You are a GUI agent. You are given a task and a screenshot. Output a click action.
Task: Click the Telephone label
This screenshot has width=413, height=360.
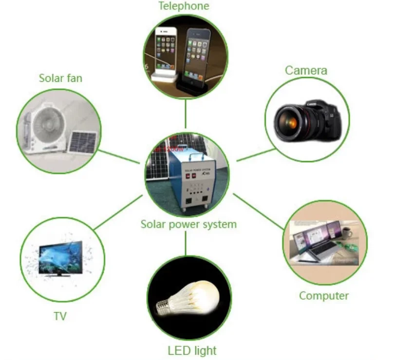click(x=184, y=6)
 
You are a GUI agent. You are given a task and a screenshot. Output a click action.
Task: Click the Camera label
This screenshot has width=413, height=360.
click(x=306, y=71)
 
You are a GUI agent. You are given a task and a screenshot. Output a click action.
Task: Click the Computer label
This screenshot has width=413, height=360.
click(x=324, y=296)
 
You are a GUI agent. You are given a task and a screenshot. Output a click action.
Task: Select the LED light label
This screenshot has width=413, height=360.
click(x=192, y=350)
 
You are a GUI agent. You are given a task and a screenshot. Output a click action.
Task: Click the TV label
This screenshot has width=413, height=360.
click(x=60, y=316)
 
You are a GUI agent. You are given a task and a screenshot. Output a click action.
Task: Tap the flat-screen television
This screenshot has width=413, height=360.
click(x=59, y=259)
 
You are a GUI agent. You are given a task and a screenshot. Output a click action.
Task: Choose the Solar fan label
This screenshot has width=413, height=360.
click(x=60, y=78)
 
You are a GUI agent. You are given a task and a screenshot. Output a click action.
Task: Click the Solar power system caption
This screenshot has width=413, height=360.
click(x=188, y=225)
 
